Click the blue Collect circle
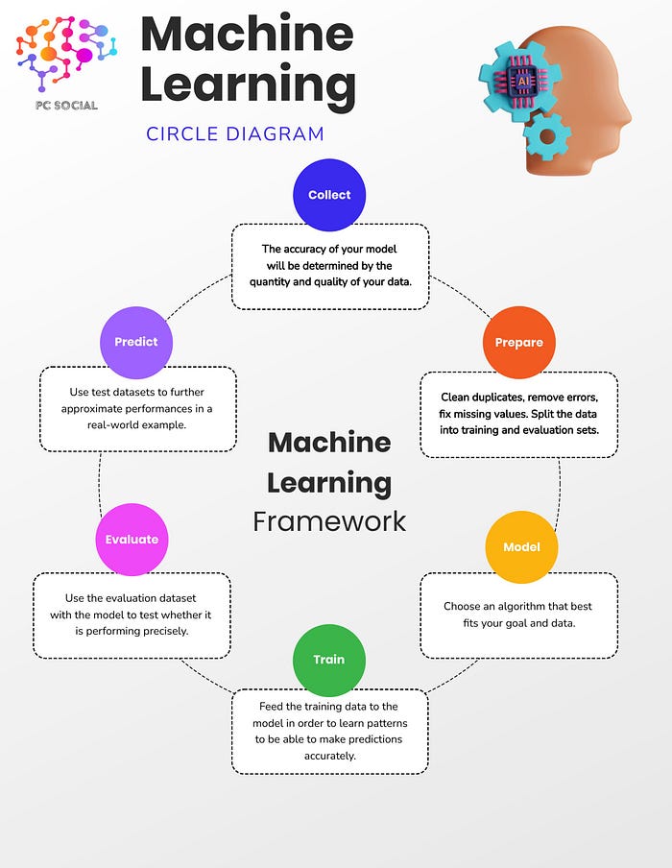(x=329, y=195)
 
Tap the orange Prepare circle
(x=518, y=343)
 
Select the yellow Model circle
(x=521, y=547)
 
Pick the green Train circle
(x=328, y=660)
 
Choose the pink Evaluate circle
(x=132, y=540)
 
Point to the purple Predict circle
(x=136, y=342)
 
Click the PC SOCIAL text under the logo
(x=62, y=105)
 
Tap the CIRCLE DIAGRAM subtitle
(x=235, y=133)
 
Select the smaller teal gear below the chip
(x=548, y=136)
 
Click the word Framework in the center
(x=329, y=521)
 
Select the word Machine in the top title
(x=247, y=35)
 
